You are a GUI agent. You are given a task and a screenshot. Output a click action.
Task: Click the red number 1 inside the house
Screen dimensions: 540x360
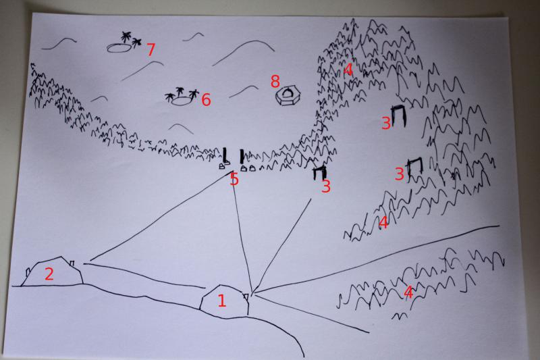(x=222, y=301)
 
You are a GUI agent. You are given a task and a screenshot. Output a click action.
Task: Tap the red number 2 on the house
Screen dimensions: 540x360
(x=49, y=274)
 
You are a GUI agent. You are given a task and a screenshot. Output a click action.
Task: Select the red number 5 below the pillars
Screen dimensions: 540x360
(x=234, y=180)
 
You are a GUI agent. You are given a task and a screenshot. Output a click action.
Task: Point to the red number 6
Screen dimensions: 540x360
(x=206, y=100)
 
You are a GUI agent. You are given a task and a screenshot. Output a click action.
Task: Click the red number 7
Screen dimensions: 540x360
(x=151, y=49)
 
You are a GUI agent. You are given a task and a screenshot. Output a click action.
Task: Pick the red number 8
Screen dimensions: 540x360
(x=275, y=82)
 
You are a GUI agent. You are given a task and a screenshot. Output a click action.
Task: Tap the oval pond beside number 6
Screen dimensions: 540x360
(x=182, y=101)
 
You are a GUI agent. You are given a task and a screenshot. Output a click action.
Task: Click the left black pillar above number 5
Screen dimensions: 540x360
(x=225, y=155)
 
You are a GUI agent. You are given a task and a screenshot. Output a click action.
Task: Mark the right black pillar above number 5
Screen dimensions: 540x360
(x=242, y=156)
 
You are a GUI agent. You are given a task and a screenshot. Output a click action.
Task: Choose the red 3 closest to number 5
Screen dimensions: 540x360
(x=326, y=186)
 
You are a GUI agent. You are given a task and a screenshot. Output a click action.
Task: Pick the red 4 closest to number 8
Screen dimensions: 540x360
(x=348, y=70)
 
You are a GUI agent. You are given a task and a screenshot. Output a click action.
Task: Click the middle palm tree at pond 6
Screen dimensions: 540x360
(x=180, y=93)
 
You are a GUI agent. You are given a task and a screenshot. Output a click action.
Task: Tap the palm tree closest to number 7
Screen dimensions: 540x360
(x=138, y=43)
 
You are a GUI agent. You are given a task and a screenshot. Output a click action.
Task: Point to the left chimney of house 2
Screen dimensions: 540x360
(x=28, y=272)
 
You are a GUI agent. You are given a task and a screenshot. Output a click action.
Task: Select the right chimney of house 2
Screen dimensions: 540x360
(x=72, y=263)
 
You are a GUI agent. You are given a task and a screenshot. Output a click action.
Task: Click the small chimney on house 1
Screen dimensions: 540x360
(x=246, y=297)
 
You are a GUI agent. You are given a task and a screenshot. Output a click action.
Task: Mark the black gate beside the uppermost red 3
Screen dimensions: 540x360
(x=399, y=115)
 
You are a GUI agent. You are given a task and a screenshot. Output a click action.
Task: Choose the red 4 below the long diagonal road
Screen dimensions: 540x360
(x=408, y=292)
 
